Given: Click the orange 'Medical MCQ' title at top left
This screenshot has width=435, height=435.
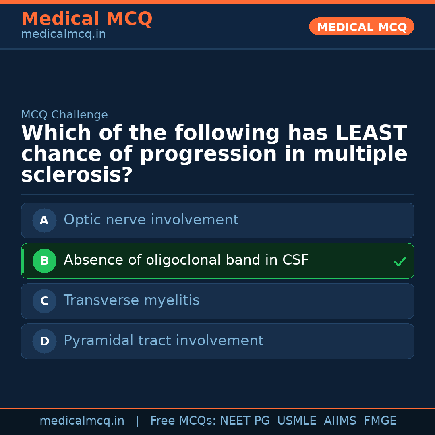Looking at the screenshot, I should point(87,19).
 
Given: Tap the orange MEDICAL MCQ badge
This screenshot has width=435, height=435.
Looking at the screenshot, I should point(362,27).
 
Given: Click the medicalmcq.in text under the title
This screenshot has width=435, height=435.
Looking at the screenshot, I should point(63,35).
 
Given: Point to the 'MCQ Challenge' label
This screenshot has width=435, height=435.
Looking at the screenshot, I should point(64,115).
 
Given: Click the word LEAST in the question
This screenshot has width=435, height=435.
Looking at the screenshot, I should point(371,133).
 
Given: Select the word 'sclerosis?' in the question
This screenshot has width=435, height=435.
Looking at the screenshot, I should point(77,175).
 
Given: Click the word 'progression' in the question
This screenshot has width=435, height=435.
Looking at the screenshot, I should point(208,154).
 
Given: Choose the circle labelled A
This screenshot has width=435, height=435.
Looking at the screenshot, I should point(44,220).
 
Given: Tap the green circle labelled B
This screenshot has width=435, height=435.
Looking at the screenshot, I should point(44,261).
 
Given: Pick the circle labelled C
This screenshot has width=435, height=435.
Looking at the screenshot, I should point(44,301).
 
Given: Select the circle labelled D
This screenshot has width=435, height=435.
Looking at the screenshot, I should point(44,341).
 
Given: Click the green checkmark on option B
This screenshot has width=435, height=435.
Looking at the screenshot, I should point(400,262).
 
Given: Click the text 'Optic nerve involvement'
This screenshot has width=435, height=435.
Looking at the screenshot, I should point(151,220).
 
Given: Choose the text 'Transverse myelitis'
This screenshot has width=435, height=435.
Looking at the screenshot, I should point(132,300).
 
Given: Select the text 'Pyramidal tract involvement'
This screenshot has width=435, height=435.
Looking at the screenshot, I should point(164,341).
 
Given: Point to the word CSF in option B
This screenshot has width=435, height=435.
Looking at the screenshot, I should point(295,260).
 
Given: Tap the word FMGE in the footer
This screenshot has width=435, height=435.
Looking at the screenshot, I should point(380,421).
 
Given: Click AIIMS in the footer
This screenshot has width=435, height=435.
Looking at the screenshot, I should point(340,421).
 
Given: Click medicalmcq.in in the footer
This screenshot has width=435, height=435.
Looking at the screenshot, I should point(82,421).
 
